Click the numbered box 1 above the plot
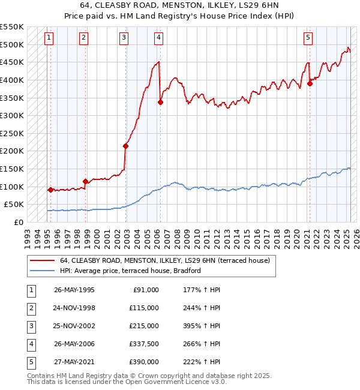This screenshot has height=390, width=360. [x=49, y=38]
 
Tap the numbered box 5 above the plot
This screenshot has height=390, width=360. [x=308, y=38]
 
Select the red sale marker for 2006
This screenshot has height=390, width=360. [x=160, y=102]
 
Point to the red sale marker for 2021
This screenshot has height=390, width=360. [x=310, y=83]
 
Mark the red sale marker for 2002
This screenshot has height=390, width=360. [x=126, y=146]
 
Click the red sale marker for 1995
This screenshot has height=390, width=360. [x=50, y=190]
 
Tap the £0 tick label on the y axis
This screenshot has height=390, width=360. [x=18, y=222]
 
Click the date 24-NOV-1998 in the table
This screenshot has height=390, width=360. [x=74, y=307]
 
